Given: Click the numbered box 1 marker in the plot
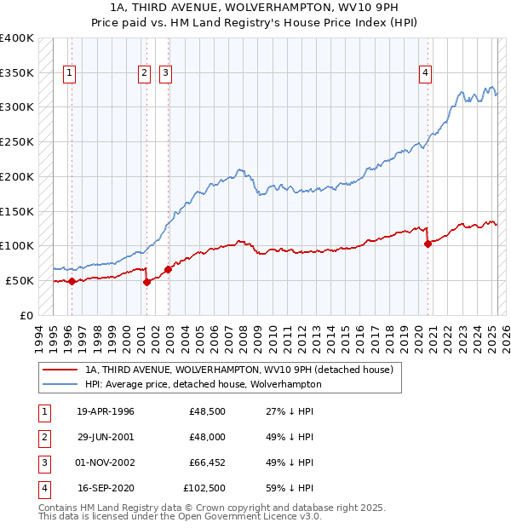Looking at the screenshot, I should [x=68, y=73].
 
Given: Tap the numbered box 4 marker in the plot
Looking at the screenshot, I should [x=424, y=73].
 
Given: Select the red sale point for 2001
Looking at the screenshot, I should [x=146, y=282].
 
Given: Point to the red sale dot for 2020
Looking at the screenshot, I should [x=428, y=244].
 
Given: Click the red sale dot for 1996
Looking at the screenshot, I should [x=72, y=281].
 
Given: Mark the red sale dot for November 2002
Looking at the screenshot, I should [x=168, y=269].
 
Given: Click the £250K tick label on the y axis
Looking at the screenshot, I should [x=17, y=141].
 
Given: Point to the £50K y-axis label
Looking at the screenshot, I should [x=20, y=280].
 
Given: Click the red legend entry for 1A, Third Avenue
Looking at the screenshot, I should [x=238, y=370].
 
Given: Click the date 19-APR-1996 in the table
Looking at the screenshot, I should [x=106, y=411].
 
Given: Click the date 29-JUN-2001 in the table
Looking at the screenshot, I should [x=106, y=437].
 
